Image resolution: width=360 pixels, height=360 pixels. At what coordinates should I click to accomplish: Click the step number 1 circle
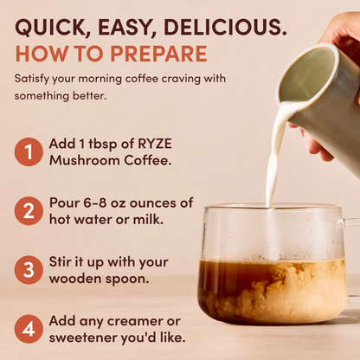click(x=29, y=152)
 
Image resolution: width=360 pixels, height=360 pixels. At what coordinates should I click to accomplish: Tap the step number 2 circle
click(x=29, y=211)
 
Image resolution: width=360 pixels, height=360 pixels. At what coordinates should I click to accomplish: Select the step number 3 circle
click(x=29, y=269)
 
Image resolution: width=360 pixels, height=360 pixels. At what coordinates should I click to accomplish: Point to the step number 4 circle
click(x=29, y=328)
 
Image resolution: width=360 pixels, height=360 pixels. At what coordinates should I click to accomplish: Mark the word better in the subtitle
click(x=91, y=95)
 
